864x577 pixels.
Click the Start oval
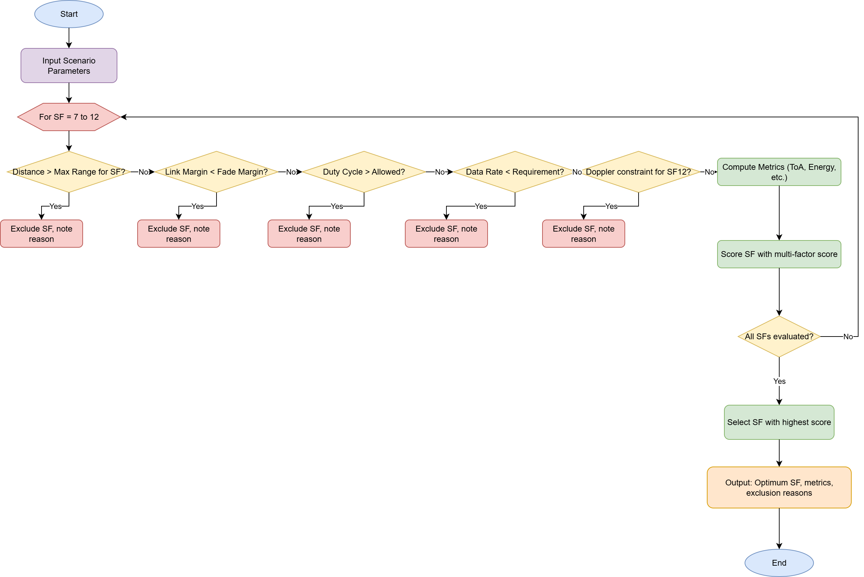69,14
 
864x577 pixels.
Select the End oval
779,563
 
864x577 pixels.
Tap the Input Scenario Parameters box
69,66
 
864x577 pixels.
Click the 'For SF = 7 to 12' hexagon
69,117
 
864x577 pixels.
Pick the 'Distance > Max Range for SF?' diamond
69,172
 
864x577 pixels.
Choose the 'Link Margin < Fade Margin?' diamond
217,172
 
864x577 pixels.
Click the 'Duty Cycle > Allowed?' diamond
364,172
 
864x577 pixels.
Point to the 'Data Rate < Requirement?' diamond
514,172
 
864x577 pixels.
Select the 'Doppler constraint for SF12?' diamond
638,172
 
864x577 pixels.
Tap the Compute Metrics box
779,172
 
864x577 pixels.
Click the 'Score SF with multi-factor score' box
779,254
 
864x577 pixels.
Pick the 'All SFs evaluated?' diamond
779,336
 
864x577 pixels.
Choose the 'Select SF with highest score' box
779,422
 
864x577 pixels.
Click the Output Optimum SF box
779,487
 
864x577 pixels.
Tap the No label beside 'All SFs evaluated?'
848,336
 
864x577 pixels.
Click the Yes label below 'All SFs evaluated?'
779,381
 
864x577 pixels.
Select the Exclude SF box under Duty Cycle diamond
309,234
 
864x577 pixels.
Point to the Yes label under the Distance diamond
56,206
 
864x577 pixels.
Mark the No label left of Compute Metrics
709,172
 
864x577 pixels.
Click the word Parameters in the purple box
69,71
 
